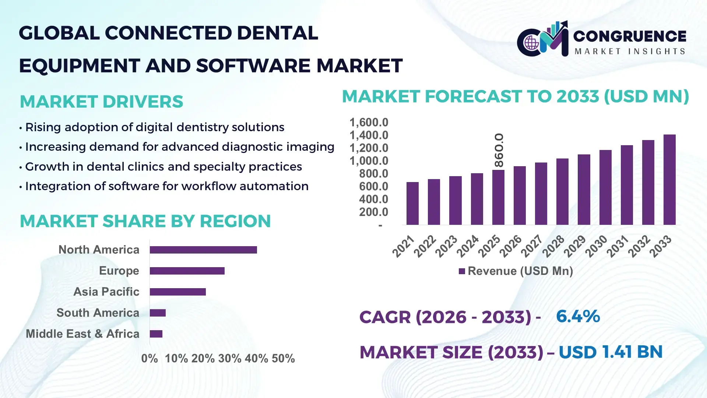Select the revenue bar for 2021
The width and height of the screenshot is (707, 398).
[412, 203]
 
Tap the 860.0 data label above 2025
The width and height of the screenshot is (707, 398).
[499, 150]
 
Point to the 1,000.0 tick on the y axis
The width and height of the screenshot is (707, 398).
[369, 161]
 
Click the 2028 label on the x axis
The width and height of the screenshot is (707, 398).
[553, 246]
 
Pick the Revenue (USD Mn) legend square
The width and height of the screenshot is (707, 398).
[462, 272]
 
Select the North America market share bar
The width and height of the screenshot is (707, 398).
[203, 250]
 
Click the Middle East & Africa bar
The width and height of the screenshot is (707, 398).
[156, 334]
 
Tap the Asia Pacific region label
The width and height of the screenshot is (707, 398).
[106, 292]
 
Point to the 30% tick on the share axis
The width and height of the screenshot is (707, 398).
[230, 359]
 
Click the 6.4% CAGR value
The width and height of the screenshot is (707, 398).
[578, 317]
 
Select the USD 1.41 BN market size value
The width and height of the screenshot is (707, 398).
[611, 352]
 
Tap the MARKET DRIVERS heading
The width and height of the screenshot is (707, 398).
[101, 102]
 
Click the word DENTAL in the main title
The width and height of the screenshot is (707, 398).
[277, 33]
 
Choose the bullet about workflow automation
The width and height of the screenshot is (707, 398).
[166, 186]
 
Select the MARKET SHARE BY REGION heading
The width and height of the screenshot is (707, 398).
[145, 221]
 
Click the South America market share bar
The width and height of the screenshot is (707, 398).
[158, 313]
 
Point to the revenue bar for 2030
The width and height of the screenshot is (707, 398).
[605, 188]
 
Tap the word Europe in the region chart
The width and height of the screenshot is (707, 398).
[119, 271]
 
